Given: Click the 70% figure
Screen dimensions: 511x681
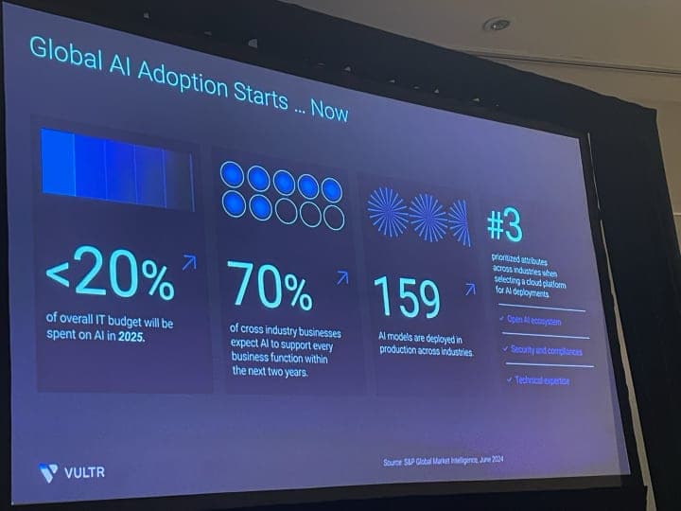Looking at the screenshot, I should click(270, 287).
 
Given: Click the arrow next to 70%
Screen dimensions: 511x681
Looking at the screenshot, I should click(341, 277).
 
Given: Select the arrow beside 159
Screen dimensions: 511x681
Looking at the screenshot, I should click(469, 290).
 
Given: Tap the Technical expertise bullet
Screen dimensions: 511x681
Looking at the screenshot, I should click(542, 379).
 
